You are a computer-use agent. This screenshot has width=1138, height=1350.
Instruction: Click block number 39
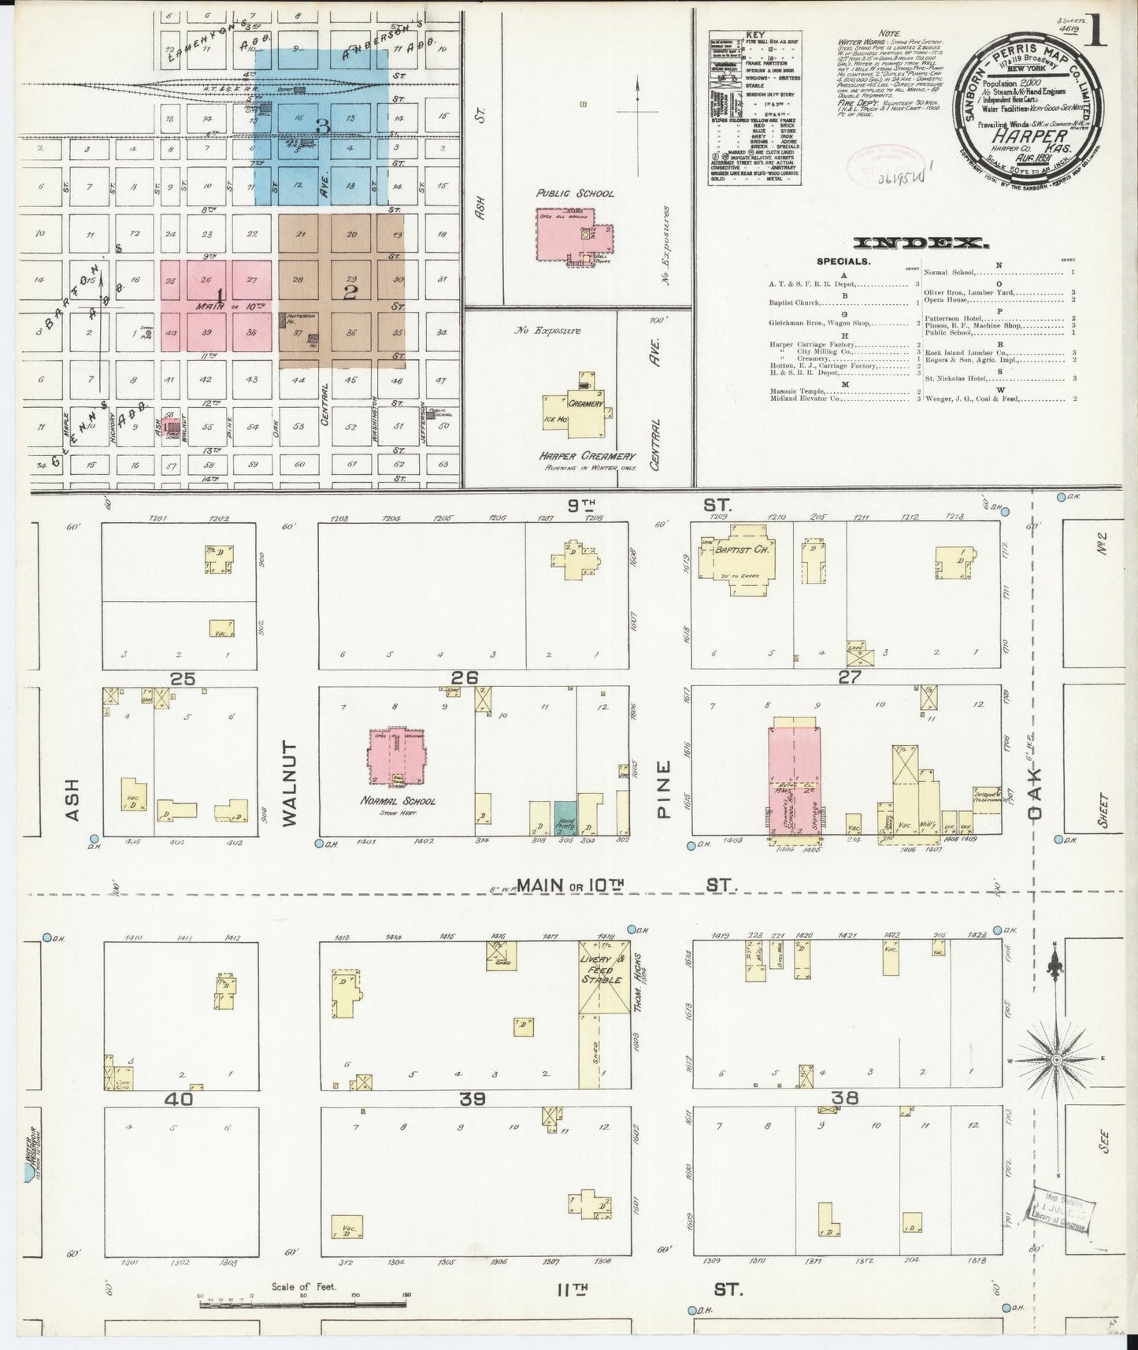pos(473,1099)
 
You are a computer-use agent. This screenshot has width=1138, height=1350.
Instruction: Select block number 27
pos(850,676)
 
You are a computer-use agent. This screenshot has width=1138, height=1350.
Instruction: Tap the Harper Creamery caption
pos(587,456)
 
